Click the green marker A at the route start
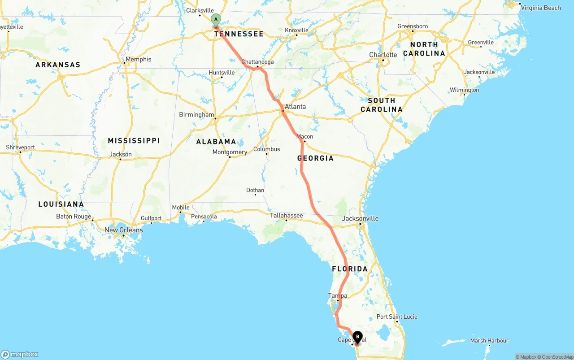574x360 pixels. pyautogui.click(x=216, y=20)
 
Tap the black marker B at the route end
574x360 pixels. pyautogui.click(x=357, y=336)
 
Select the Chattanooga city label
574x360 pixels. pyautogui.click(x=257, y=62)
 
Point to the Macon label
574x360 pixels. pyautogui.click(x=304, y=137)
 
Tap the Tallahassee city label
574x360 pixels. pyautogui.click(x=286, y=216)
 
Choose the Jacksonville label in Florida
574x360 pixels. pyautogui.click(x=360, y=219)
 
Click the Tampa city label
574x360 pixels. pyautogui.click(x=338, y=296)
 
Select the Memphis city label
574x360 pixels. pyautogui.click(x=138, y=59)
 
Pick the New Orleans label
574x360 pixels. pyautogui.click(x=123, y=230)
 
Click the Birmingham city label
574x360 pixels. pyautogui.click(x=196, y=115)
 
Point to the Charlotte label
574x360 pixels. pyautogui.click(x=383, y=55)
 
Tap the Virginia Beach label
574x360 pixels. pyautogui.click(x=541, y=8)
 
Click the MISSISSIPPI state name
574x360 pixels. pyautogui.click(x=134, y=141)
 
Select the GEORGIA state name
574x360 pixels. pyautogui.click(x=315, y=158)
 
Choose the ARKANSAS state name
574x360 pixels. pyautogui.click(x=58, y=65)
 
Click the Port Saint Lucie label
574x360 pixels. pyautogui.click(x=397, y=317)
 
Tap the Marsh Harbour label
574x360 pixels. pyautogui.click(x=489, y=341)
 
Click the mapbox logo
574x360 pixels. pyautogui.click(x=20, y=354)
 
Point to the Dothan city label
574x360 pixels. pyautogui.click(x=255, y=191)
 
